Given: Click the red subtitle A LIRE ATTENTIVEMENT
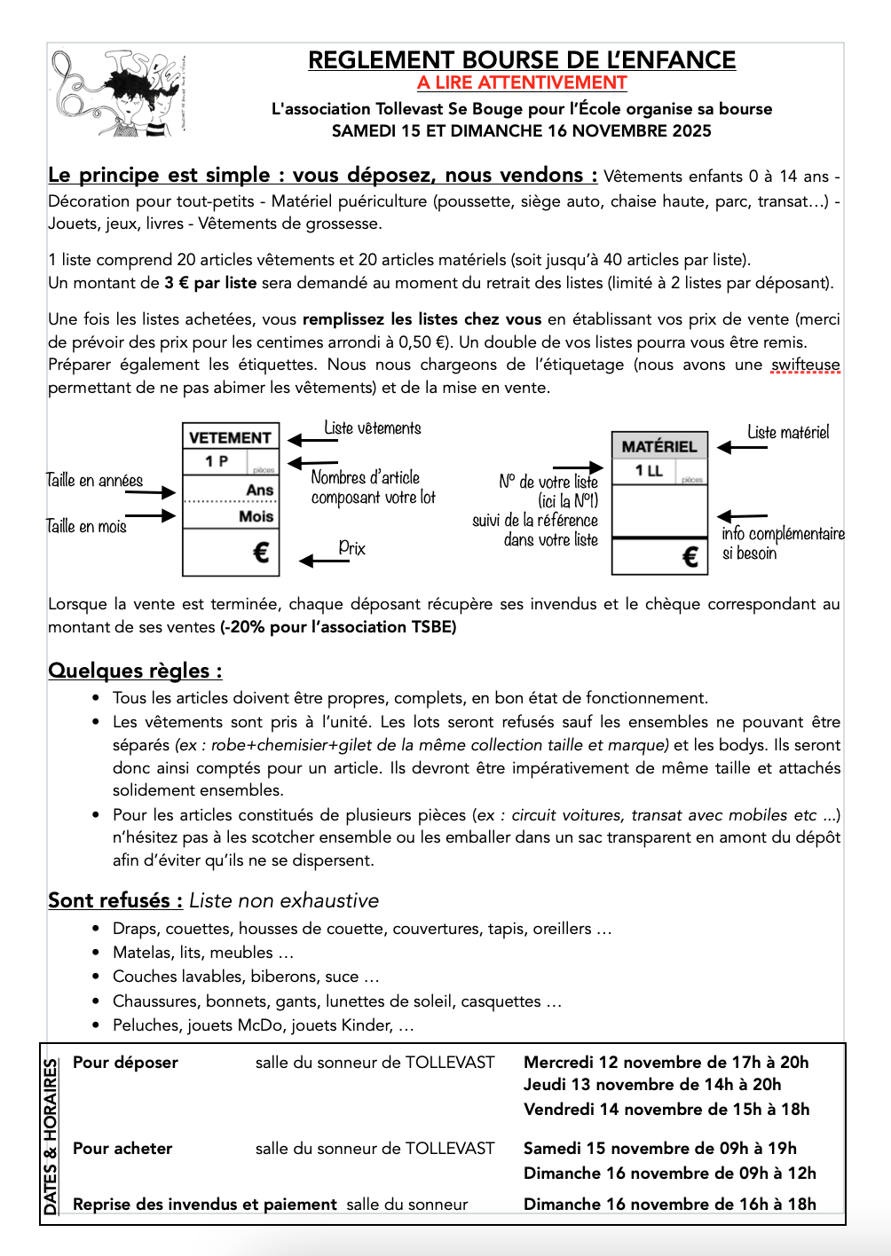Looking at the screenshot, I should (522, 82).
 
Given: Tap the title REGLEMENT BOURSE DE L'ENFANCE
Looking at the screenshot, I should (522, 60).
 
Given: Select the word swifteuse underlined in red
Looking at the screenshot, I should (805, 365).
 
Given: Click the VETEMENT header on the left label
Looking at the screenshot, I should (230, 437).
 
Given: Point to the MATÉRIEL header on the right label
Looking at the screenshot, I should (659, 446).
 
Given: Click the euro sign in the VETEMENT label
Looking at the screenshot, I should (261, 553).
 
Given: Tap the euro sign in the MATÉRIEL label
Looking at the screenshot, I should (690, 557).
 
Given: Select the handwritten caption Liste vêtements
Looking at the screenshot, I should (373, 428).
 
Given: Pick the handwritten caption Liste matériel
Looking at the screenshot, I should (788, 433).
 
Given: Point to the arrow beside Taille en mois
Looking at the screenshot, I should (151, 516).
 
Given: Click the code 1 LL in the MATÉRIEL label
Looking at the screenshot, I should (649, 471).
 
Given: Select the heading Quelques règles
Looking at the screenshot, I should (135, 671).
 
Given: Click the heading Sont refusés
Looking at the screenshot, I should (115, 900).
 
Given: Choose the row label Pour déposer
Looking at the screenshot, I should (125, 1063).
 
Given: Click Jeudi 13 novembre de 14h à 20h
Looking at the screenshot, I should (652, 1085).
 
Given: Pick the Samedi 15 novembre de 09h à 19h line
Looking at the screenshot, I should (660, 1149).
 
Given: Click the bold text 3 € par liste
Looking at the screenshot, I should (210, 283).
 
